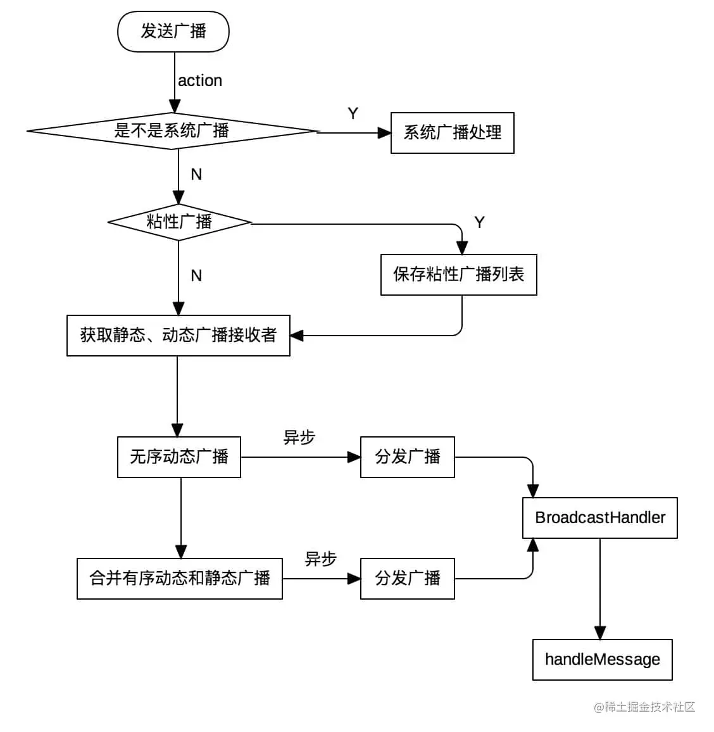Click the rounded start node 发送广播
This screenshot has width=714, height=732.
click(173, 32)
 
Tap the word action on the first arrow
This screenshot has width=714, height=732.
click(200, 80)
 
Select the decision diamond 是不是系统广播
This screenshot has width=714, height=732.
click(172, 131)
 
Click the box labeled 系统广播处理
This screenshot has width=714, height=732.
click(452, 133)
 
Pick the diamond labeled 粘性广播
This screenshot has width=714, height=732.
click(179, 222)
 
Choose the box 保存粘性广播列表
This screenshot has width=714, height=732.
click(458, 275)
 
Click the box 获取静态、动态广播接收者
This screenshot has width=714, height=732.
click(178, 336)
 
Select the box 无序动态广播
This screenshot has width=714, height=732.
click(179, 457)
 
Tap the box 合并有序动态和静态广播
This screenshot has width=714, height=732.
click(180, 579)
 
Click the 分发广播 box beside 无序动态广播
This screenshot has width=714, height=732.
click(407, 457)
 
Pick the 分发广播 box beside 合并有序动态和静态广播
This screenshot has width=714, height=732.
click(407, 579)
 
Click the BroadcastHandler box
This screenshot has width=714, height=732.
click(599, 518)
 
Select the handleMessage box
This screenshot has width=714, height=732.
click(602, 660)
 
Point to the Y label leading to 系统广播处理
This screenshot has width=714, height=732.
click(353, 113)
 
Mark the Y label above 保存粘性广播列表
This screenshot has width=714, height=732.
click(479, 222)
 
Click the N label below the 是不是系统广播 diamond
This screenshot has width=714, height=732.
click(196, 174)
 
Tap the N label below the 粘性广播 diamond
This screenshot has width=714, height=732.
click(196, 275)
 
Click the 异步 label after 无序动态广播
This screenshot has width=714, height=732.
click(299, 438)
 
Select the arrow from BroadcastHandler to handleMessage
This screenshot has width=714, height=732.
click(600, 589)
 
